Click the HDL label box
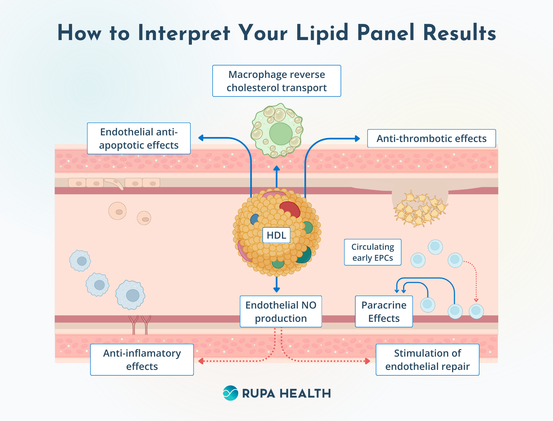(276, 235)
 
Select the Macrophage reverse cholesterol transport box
(276, 81)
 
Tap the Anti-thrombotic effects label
(431, 138)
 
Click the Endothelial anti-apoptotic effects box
(139, 138)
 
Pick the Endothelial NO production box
(281, 312)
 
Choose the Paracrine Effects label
(384, 312)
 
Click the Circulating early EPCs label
(372, 252)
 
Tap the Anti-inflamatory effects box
(142, 360)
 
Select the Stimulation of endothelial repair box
(427, 360)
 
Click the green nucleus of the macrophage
(281, 134)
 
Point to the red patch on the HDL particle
(290, 209)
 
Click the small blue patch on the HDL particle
(254, 219)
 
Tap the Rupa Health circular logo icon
(230, 393)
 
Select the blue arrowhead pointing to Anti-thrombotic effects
(357, 139)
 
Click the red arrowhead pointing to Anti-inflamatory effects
(201, 361)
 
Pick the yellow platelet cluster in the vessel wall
(420, 209)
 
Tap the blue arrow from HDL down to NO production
(276, 285)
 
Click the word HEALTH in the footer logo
(305, 393)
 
